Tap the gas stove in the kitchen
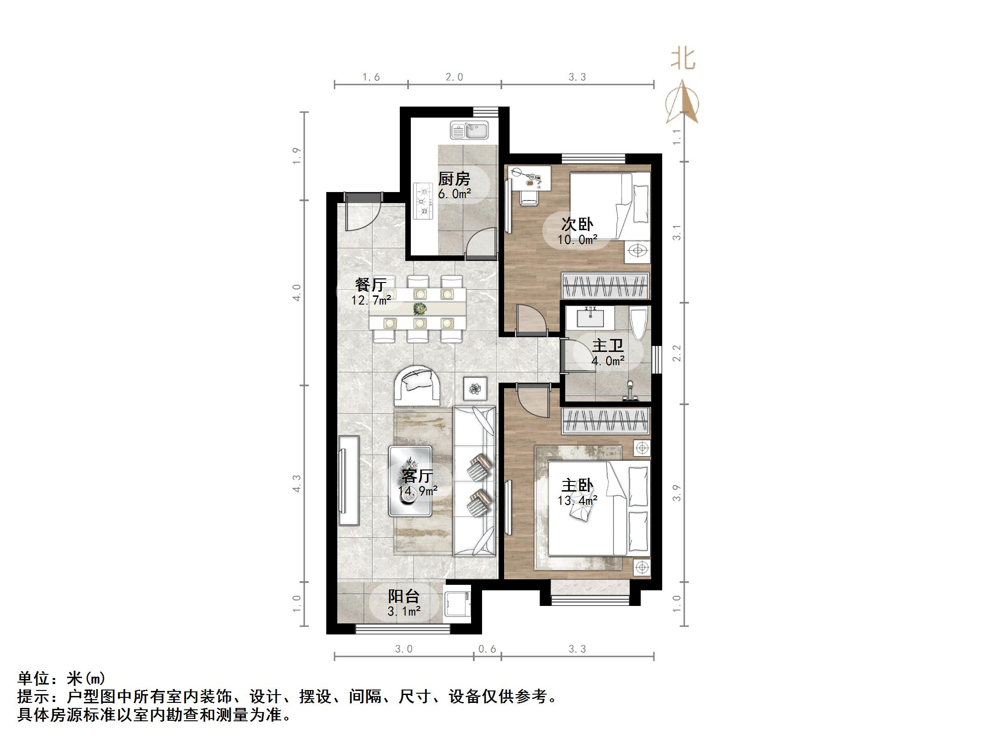(423, 201)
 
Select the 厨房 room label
(454, 179)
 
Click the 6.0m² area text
(454, 194)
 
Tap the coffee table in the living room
(410, 481)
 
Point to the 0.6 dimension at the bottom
(487, 649)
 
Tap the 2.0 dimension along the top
(454, 77)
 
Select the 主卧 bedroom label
(577, 485)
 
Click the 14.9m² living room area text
(417, 491)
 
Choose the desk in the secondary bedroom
(530, 178)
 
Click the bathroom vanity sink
(590, 317)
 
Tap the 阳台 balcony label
(403, 596)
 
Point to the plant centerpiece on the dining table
(419, 308)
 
